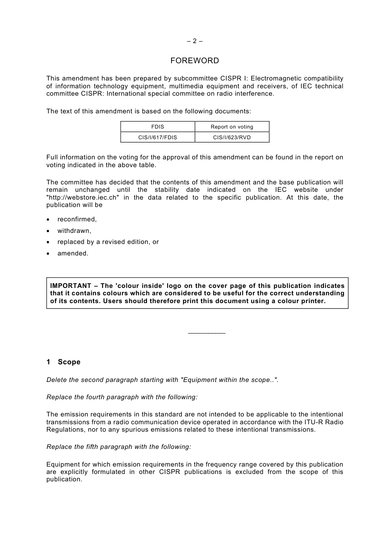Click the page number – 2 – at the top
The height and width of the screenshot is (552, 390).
195,41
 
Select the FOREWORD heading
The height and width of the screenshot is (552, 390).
195,61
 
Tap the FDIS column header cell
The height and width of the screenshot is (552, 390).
158,127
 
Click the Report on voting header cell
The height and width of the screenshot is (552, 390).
232,127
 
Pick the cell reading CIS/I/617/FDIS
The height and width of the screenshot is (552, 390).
158,138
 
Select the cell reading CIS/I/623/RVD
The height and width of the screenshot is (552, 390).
232,138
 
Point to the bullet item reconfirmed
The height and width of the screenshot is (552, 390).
77,219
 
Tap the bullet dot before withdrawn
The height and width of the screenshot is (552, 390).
48,231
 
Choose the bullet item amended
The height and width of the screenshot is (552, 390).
73,253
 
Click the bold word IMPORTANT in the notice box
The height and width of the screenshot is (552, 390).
71,286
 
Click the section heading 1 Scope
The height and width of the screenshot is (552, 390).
64,362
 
